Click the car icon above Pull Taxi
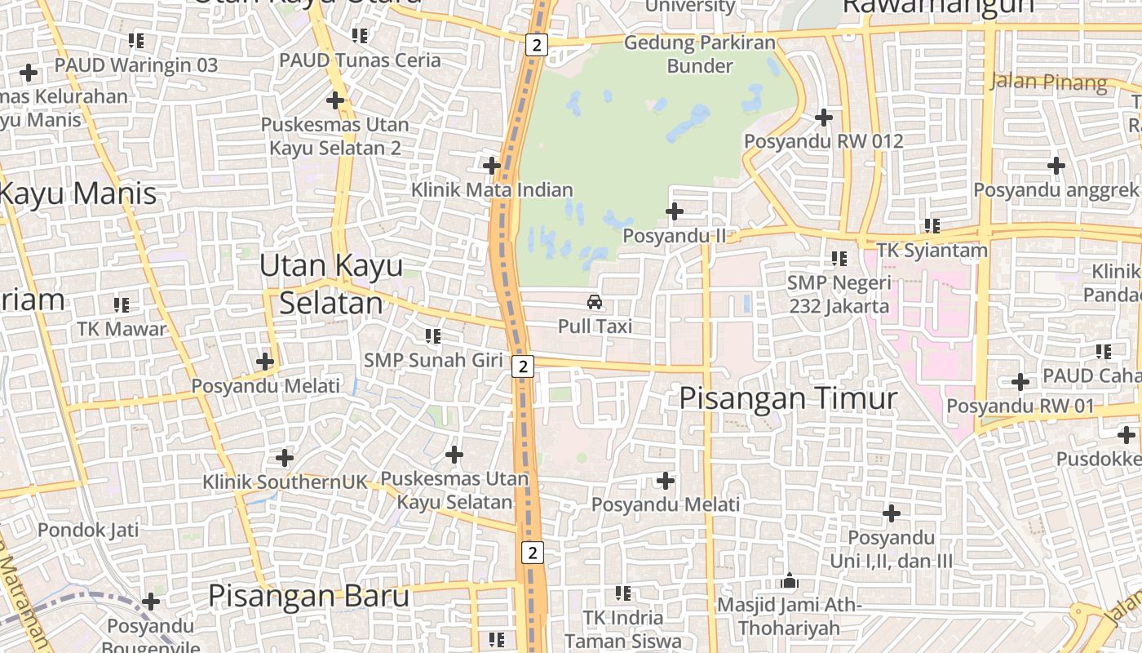[595, 302]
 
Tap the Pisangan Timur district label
[788, 398]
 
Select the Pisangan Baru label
[308, 596]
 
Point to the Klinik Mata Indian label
[492, 190]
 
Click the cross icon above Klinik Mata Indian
[492, 166]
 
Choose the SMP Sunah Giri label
[433, 360]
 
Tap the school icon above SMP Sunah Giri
[433, 335]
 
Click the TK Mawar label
[122, 329]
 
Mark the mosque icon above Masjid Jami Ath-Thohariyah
[789, 581]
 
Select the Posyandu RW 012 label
[824, 141]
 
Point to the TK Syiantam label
[932, 250]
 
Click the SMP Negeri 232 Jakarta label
[839, 295]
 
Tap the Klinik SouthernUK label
[285, 482]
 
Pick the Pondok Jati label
[88, 530]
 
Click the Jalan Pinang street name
[1049, 82]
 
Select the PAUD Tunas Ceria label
[360, 60]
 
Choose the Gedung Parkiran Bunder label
[700, 54]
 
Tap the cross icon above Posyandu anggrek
[1056, 166]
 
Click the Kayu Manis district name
[77, 194]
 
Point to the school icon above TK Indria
[623, 593]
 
